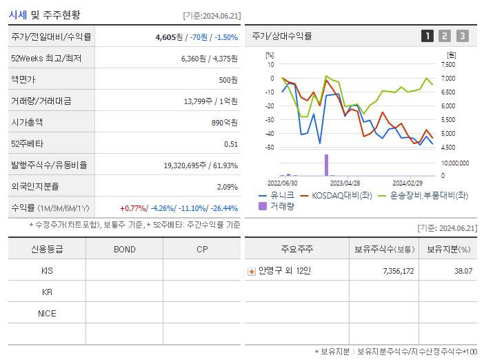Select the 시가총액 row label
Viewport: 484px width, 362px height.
click(x=27, y=123)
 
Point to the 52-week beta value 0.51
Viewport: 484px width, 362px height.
click(x=231, y=144)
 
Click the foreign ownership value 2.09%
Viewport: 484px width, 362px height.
click(x=227, y=187)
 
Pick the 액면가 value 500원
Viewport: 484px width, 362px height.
click(x=228, y=80)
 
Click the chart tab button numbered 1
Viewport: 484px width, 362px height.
click(x=427, y=36)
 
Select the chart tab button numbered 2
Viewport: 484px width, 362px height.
click(x=445, y=36)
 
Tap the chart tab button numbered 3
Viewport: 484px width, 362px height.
click(x=462, y=36)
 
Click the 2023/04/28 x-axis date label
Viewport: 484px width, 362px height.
click(x=345, y=183)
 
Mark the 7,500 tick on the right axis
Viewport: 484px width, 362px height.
click(x=448, y=64)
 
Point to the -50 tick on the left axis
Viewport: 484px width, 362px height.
click(x=270, y=148)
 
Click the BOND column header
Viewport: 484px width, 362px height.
click(x=124, y=249)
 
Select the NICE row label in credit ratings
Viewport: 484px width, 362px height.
click(x=47, y=314)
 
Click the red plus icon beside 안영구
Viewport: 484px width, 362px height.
click(x=251, y=271)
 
